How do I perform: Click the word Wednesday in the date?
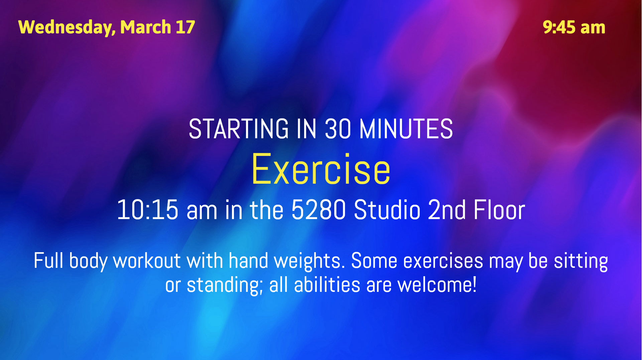67,27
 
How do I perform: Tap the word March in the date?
146,27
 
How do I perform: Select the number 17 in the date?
185,27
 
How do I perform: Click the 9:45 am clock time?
574,27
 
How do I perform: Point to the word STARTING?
239,129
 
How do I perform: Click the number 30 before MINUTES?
338,129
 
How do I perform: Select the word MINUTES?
406,129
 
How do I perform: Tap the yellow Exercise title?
321,169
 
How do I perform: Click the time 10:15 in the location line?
147,210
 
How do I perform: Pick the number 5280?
318,210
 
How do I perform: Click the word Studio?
387,210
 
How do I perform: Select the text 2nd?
447,210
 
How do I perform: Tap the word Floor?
499,210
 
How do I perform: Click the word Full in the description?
48,260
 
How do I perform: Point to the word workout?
147,261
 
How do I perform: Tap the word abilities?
327,285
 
